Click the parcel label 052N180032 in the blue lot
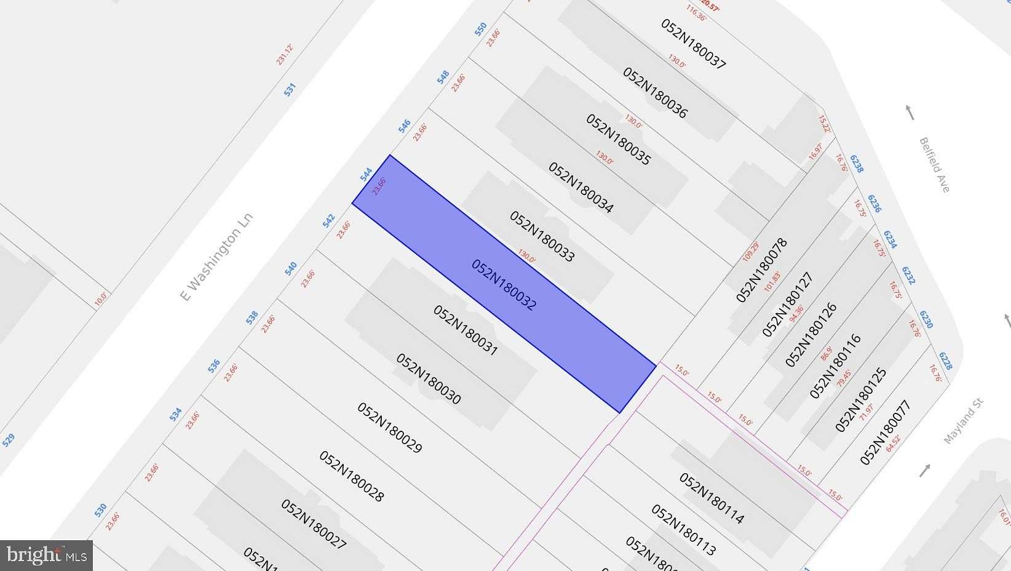click(x=504, y=285)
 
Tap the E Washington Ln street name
click(x=216, y=257)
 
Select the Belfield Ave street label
click(x=934, y=164)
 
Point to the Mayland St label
click(x=964, y=421)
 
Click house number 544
click(x=366, y=174)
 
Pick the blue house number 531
click(x=290, y=90)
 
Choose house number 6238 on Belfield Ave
click(x=857, y=164)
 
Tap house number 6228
click(x=945, y=361)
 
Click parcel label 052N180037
click(x=693, y=44)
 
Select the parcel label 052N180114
click(x=711, y=498)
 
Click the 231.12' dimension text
click(x=284, y=54)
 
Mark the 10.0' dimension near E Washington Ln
click(x=101, y=298)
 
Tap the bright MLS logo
click(x=46, y=556)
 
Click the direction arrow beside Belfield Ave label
click(x=909, y=113)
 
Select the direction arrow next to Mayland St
click(x=924, y=470)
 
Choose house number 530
click(x=100, y=510)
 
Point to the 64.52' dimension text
click(x=893, y=443)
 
